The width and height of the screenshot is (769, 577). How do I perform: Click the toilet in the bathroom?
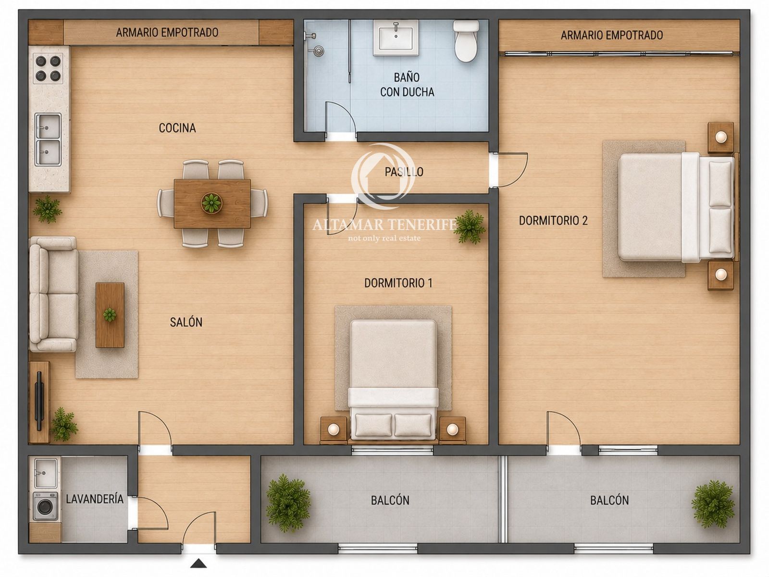pos(466,41)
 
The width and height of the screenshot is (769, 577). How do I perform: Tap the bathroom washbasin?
pos(396,38)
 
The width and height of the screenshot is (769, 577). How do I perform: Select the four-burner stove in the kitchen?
pos(48,68)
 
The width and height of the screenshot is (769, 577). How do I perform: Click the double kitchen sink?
pos(48,139)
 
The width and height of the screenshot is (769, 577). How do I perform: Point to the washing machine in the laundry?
pos(45,506)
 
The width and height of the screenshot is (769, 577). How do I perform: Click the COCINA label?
pos(177,128)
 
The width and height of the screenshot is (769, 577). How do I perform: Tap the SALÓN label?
pos(186,322)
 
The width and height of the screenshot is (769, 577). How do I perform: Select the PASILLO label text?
pos(404,172)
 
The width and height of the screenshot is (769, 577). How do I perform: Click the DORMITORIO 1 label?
pos(398,283)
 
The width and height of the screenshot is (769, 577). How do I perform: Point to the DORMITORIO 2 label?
pos(553,220)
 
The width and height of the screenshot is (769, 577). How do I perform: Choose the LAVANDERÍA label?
pos(95,499)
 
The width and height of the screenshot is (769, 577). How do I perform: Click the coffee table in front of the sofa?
pos(110,315)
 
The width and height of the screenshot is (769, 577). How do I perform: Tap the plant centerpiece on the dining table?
pos(211,202)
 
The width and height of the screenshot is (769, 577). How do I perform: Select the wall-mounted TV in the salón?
pos(39,401)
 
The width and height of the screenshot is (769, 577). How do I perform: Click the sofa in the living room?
pos(54,294)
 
